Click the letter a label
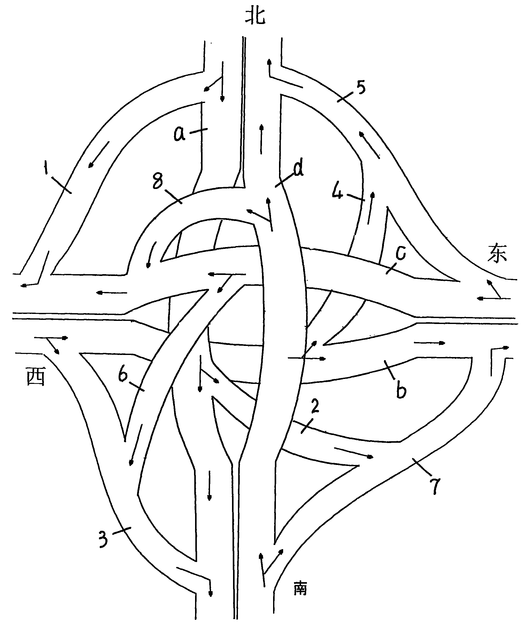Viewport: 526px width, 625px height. (180, 134)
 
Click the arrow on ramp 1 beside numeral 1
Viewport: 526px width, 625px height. (99, 155)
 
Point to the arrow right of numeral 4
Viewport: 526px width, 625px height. (371, 208)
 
